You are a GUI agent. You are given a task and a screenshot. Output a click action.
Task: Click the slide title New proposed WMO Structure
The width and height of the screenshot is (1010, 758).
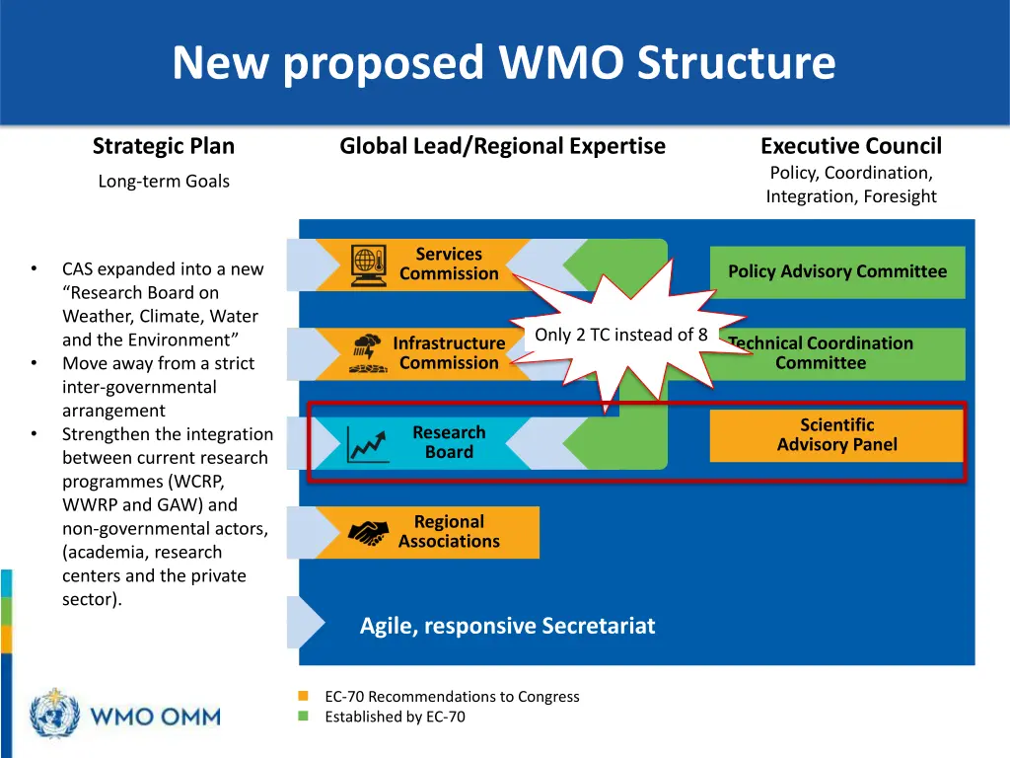503,62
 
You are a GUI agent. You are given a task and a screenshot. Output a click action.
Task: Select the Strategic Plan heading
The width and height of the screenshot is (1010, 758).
164,147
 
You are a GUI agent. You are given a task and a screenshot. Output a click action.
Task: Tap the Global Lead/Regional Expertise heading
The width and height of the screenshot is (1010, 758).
502,147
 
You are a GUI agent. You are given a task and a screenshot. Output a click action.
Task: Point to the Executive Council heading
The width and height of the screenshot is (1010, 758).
850,147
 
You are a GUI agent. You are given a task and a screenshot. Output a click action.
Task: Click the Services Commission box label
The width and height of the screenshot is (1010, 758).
449,265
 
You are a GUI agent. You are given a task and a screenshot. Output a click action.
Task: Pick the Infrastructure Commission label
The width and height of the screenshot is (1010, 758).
449,353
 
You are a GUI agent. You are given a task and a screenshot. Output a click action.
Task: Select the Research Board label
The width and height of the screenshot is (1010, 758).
449,442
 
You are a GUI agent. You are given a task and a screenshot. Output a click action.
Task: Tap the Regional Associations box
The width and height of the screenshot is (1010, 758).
449,532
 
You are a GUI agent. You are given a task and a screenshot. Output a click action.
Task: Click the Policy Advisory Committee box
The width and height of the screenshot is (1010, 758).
837,271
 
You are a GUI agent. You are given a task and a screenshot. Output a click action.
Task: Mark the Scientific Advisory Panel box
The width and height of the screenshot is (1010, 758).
836,435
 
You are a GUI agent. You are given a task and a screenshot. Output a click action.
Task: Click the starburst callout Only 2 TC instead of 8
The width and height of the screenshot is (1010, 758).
620,335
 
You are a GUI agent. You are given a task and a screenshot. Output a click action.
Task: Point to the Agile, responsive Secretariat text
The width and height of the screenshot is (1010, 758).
507,626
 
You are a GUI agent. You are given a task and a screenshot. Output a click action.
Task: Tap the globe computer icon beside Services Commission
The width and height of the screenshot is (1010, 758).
368,265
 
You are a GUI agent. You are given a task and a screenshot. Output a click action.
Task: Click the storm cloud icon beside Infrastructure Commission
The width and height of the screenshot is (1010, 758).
368,352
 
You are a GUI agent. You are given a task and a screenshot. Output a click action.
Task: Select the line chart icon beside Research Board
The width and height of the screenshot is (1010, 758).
368,443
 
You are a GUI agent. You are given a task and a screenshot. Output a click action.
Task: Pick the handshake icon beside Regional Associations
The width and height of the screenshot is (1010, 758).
369,533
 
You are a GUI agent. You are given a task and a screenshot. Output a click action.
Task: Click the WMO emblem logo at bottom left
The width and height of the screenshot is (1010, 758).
55,713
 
